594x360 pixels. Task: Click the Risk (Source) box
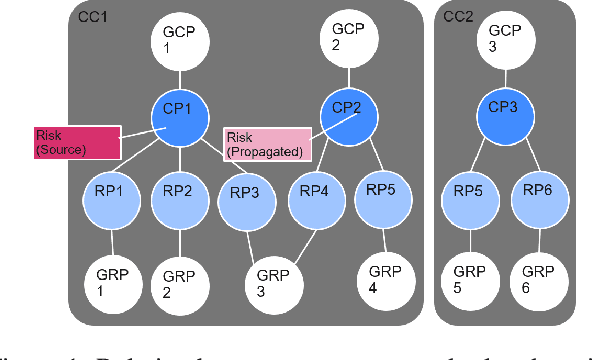click(x=76, y=142)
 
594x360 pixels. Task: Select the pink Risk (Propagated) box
click(x=266, y=145)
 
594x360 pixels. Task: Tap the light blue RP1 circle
click(x=110, y=192)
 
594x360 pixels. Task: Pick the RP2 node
click(x=179, y=192)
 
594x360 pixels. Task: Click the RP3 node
click(x=246, y=195)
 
